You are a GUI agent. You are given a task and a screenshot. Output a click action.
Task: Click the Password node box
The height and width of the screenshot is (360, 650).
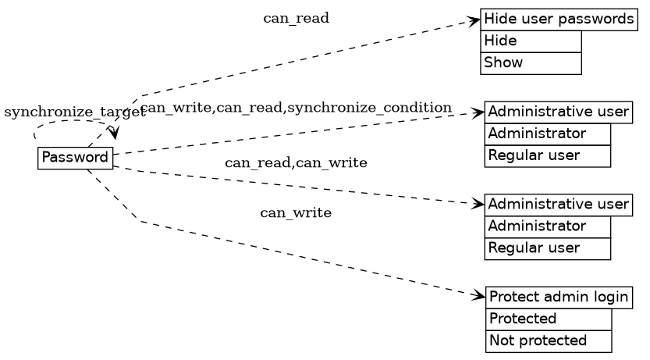pos(75,158)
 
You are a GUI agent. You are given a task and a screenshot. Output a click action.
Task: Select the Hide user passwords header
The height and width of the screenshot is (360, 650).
pos(559,20)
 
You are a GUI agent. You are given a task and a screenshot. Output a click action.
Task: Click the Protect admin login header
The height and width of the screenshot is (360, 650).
pos(559,297)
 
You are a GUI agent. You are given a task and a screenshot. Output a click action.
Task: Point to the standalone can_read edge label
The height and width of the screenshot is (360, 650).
pos(296,18)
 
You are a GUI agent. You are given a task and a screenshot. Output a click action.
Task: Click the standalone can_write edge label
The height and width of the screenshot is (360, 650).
pos(296,212)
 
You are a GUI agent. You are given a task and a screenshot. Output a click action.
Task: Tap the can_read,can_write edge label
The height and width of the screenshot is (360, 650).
pos(296,162)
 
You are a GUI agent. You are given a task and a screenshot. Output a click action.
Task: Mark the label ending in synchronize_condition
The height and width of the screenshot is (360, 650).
pos(297,107)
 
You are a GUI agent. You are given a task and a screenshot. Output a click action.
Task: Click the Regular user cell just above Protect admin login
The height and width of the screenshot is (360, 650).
pos(547,248)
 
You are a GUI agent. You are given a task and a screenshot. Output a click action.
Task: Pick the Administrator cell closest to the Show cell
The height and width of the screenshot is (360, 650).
pos(547,134)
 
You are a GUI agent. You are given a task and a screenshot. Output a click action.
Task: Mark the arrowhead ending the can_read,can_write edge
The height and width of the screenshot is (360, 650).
pos(479,204)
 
